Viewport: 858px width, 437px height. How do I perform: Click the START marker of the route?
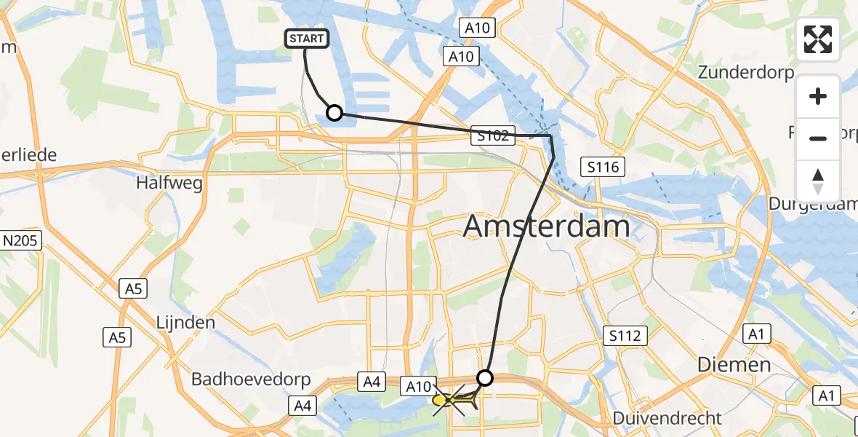coord(308,39)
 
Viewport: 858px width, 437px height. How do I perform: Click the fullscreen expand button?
coord(818,39)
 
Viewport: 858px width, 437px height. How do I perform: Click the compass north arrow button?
coord(818,181)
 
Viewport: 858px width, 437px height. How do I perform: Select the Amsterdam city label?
coord(546,227)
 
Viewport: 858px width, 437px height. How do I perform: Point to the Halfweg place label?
coord(169,183)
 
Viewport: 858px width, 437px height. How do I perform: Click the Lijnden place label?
coord(185,322)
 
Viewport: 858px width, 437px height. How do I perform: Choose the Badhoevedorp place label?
coord(251,379)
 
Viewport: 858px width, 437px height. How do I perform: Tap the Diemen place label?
coord(734,364)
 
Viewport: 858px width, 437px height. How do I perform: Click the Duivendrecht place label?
coord(667,418)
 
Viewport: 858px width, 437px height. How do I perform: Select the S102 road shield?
coord(492,135)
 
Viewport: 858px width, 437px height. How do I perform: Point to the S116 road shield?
coord(604,168)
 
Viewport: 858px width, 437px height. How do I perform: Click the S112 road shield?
coord(625,335)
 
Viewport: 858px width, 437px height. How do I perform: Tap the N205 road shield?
coord(23,240)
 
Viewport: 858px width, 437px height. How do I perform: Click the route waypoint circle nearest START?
coord(334,113)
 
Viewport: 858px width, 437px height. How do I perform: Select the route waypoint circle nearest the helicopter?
coord(485,377)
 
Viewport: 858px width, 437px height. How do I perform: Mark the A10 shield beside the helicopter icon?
coord(419,385)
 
